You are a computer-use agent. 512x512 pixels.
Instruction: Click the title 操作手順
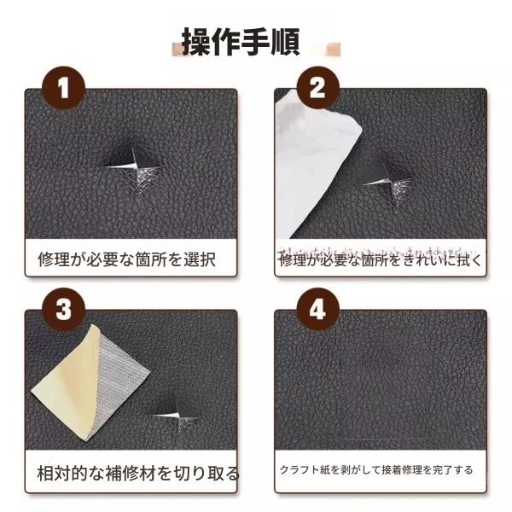(x=241, y=42)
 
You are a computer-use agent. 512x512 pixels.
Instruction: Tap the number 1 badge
(x=64, y=88)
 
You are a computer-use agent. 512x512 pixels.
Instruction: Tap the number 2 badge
(x=317, y=88)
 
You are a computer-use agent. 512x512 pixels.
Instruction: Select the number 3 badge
(x=64, y=309)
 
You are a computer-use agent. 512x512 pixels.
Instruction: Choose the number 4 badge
(x=317, y=309)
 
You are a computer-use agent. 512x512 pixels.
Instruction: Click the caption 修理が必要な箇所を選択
(x=126, y=260)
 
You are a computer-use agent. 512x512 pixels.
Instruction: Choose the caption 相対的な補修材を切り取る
(x=138, y=474)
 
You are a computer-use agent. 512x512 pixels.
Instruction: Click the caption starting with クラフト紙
(x=376, y=470)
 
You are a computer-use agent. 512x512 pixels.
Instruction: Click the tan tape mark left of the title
(x=177, y=49)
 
